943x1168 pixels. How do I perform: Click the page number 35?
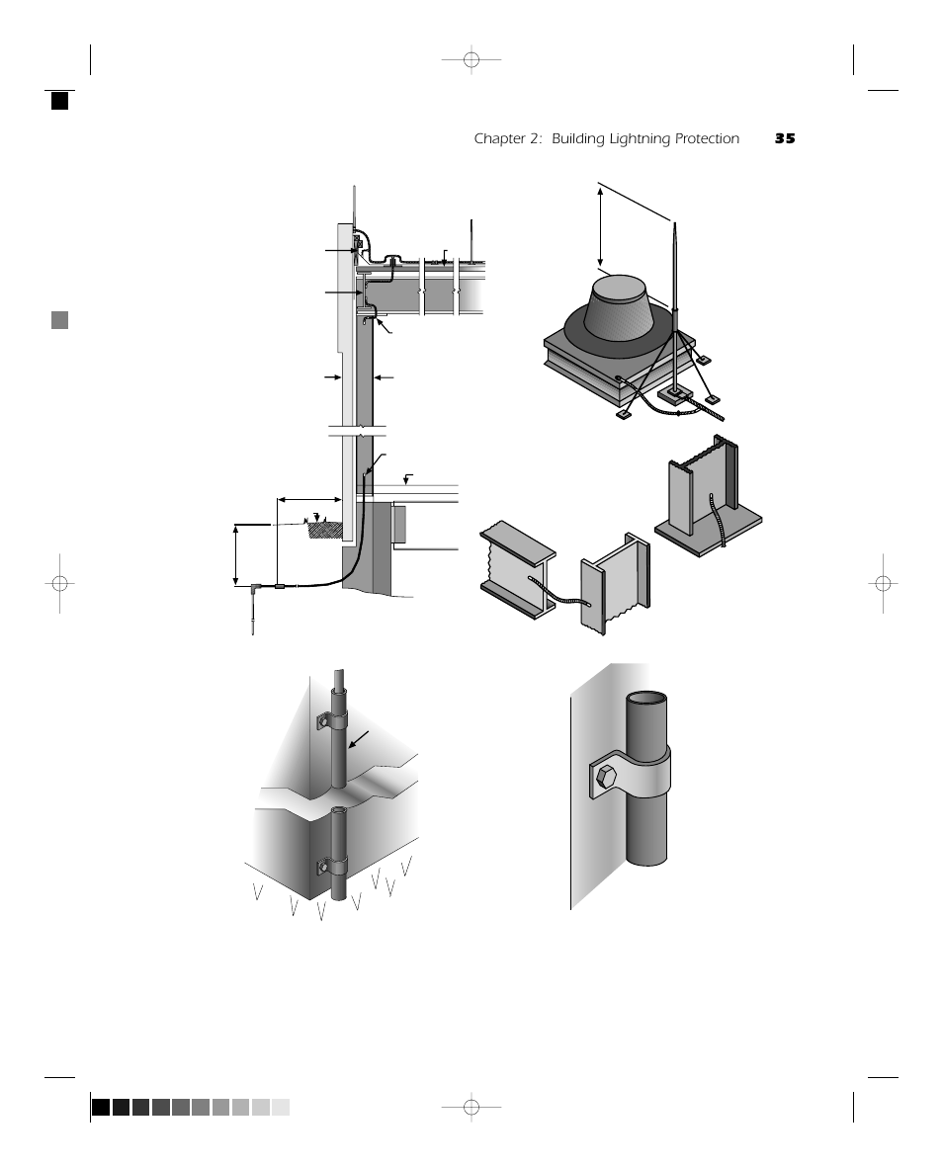click(x=785, y=139)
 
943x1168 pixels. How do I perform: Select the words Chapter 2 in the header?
click(x=508, y=139)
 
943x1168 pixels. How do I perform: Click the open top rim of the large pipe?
click(x=646, y=699)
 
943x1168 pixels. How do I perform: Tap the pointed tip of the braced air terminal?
click(x=673, y=225)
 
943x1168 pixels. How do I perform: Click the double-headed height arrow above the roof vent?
click(x=601, y=226)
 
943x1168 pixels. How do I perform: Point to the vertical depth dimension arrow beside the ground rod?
click(x=237, y=554)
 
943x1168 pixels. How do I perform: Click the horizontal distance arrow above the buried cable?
click(x=310, y=500)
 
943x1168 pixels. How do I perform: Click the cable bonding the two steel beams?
click(x=557, y=592)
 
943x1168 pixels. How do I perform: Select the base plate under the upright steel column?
click(x=710, y=529)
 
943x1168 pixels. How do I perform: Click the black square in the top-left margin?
click(x=60, y=100)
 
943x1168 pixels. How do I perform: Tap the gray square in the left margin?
click(x=60, y=319)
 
